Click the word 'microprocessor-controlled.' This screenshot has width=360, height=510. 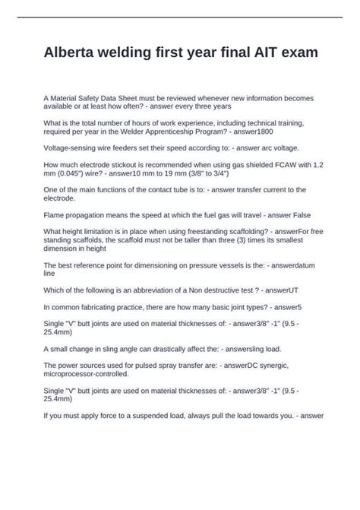87,374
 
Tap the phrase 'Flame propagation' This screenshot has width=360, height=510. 76,214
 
